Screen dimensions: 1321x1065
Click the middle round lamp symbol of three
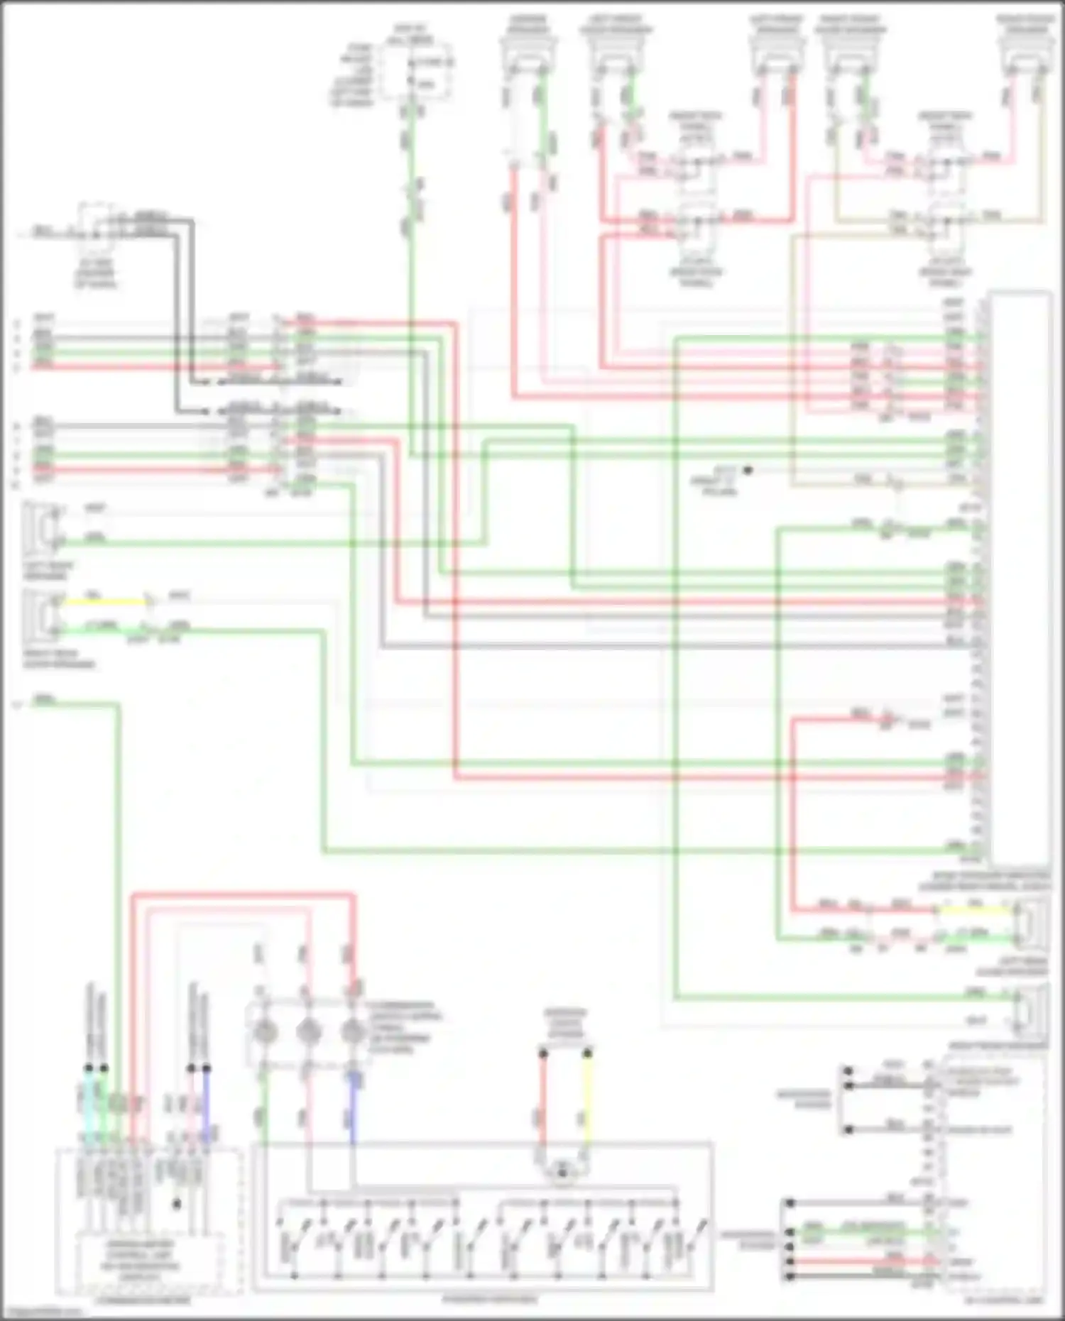[x=307, y=1031]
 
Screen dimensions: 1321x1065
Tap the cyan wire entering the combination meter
[x=87, y=1107]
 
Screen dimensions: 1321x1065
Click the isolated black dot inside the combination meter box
[x=177, y=1204]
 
